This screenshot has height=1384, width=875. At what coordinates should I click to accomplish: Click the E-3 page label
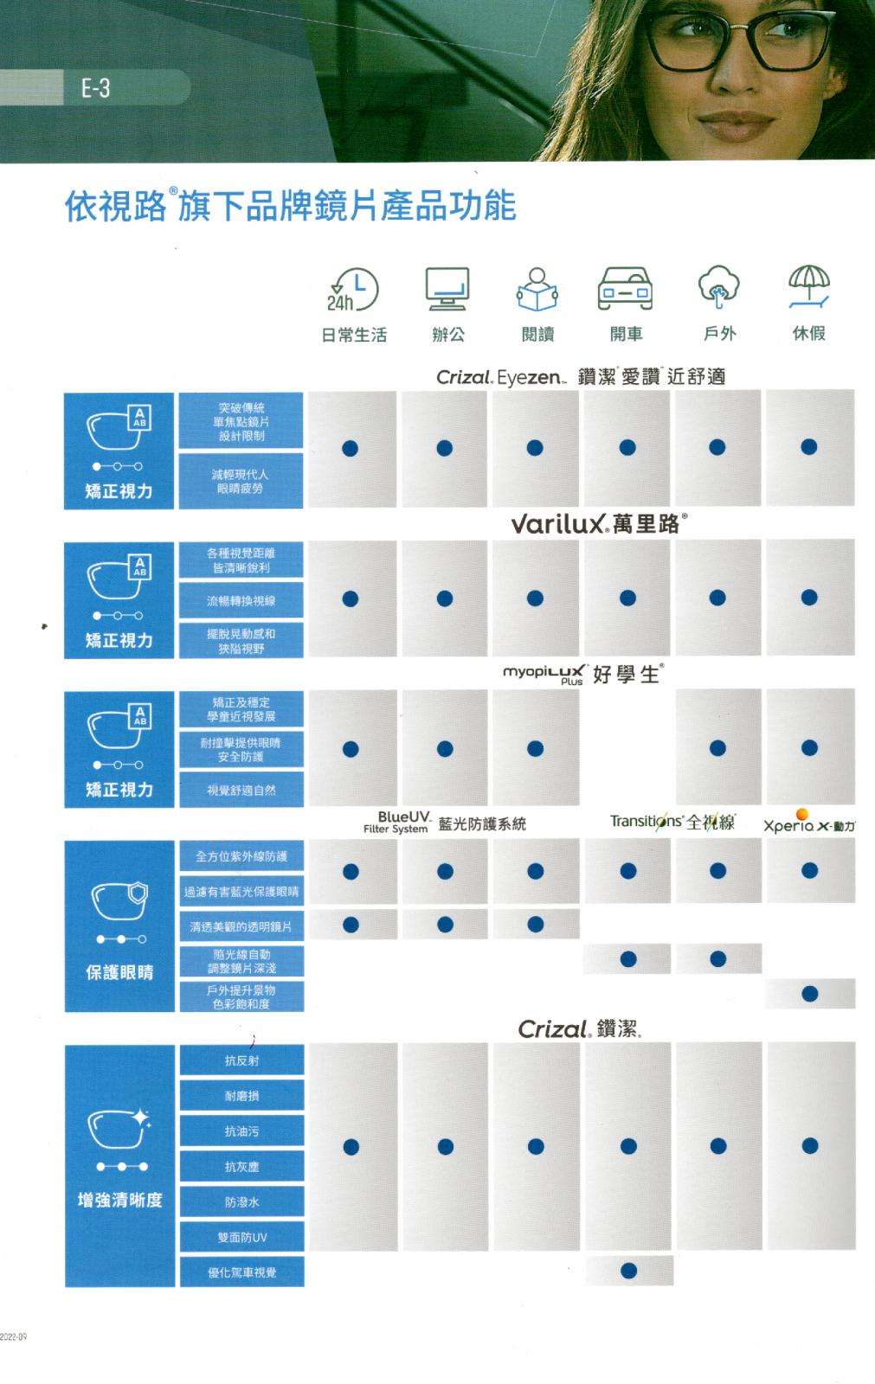pos(95,87)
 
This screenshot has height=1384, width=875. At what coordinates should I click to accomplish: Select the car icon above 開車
pos(625,289)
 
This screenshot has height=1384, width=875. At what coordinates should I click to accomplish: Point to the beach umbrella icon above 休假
pos(808,286)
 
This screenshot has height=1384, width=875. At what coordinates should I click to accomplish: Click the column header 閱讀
pos(537,335)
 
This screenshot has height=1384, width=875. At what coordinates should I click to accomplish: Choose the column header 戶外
pos(719,334)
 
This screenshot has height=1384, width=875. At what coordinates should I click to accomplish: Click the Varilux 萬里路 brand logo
pos(599,524)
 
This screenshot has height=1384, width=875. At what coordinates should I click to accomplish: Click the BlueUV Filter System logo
pos(397,823)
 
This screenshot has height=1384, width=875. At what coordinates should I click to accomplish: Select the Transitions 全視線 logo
pos(672,822)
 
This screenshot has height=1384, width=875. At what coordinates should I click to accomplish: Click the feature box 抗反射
pos(241,1060)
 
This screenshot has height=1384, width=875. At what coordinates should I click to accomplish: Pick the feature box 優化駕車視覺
pos(241,1272)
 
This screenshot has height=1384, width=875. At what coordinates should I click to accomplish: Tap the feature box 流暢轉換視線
pos(241,601)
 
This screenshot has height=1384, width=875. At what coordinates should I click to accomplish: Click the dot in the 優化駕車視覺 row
pos(629,1271)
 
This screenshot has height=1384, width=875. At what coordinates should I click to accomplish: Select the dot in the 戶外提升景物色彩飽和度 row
pos(809,994)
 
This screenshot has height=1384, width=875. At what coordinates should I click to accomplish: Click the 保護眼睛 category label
pos(119,972)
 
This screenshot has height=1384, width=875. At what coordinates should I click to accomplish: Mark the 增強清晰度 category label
pos(119,1200)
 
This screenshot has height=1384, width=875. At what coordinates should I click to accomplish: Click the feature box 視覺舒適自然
pos(241,790)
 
